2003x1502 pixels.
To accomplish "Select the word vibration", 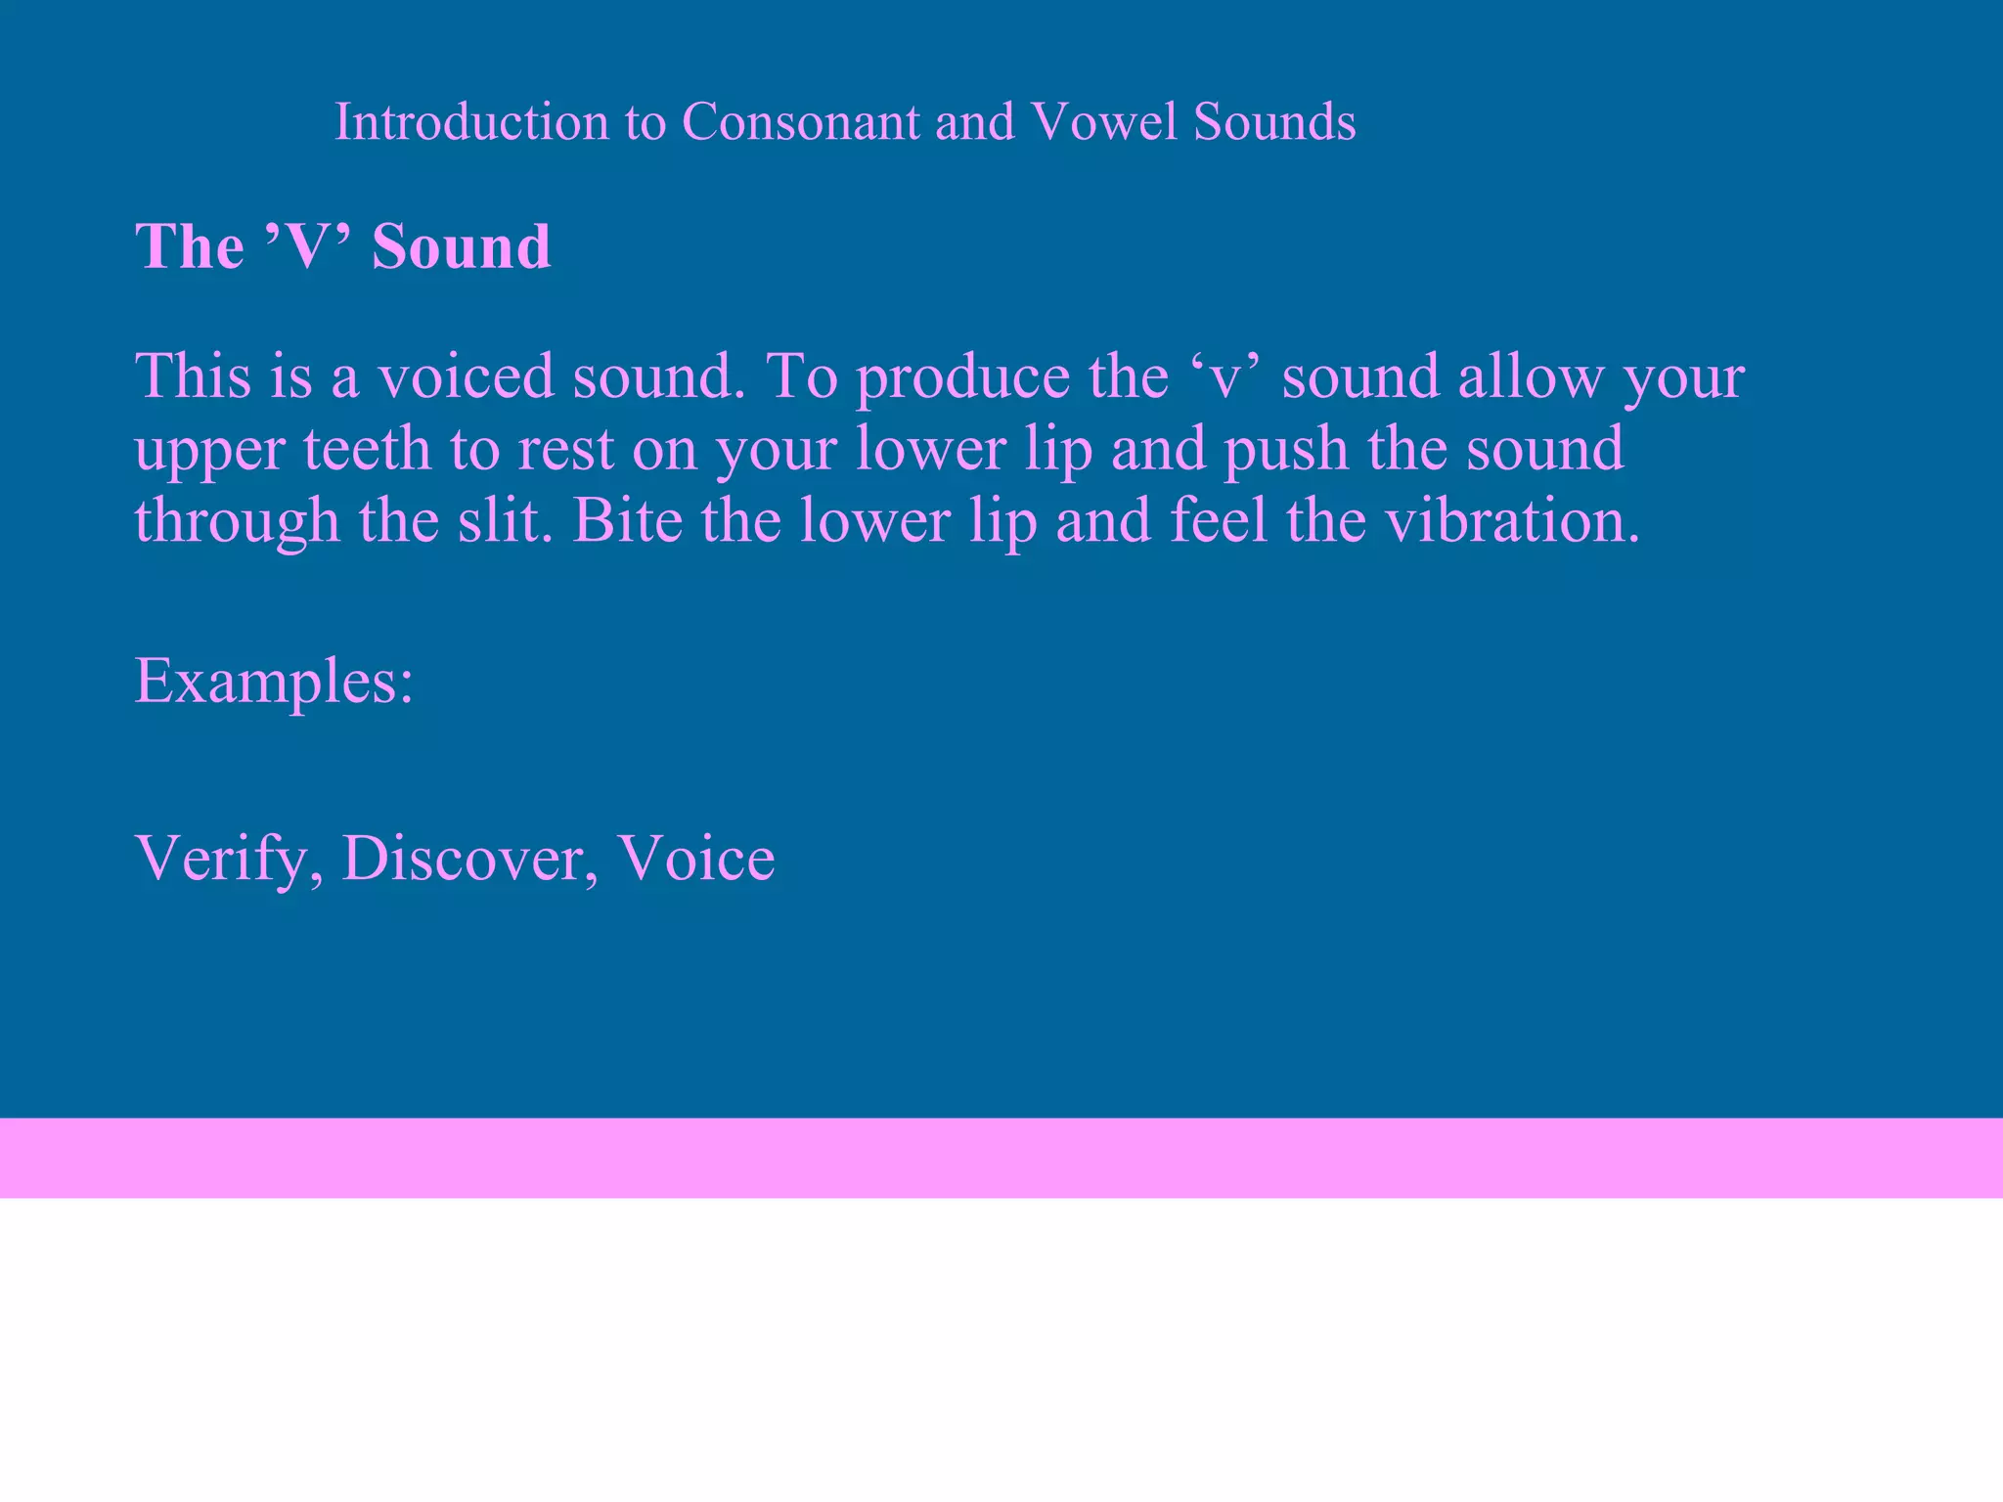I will (1511, 520).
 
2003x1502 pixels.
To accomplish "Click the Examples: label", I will (274, 682).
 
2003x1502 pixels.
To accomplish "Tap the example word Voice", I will (696, 858).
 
